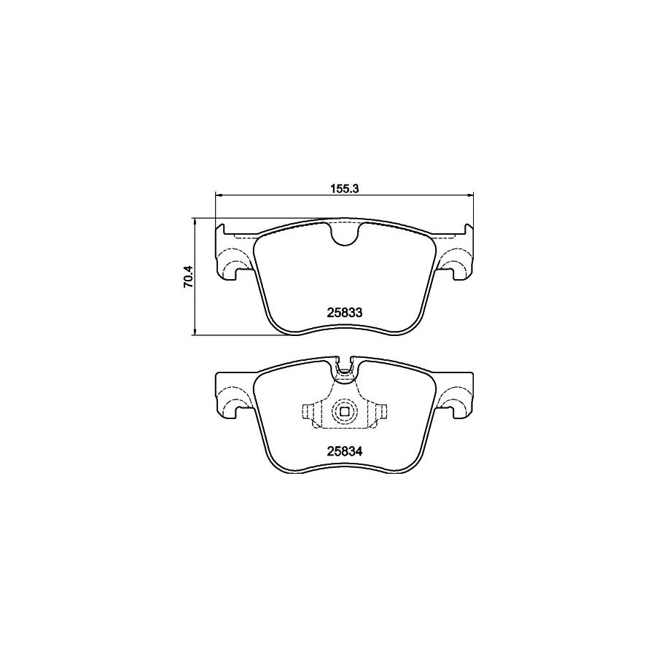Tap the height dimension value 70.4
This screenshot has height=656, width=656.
(x=187, y=278)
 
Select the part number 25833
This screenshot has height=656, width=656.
(x=344, y=311)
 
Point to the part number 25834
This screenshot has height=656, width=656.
(x=344, y=450)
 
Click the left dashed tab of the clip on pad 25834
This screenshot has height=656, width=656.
(x=310, y=413)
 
